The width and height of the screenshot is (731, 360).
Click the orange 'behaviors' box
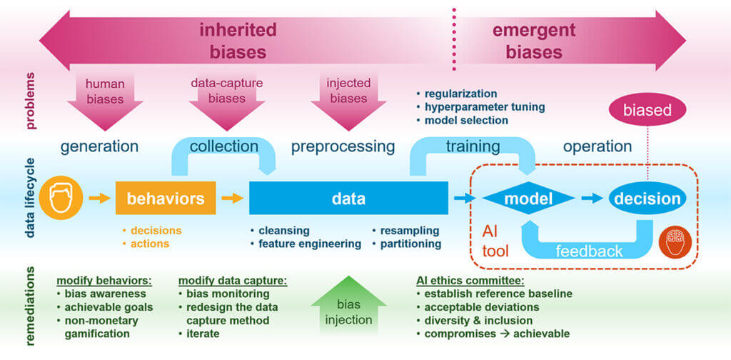pos(166,199)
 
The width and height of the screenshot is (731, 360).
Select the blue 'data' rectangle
pos(348,199)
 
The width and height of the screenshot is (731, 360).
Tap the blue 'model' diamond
pos(529,199)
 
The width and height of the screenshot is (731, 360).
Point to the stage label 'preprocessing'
pos(343,146)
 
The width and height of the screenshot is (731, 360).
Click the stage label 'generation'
pos(99,146)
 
